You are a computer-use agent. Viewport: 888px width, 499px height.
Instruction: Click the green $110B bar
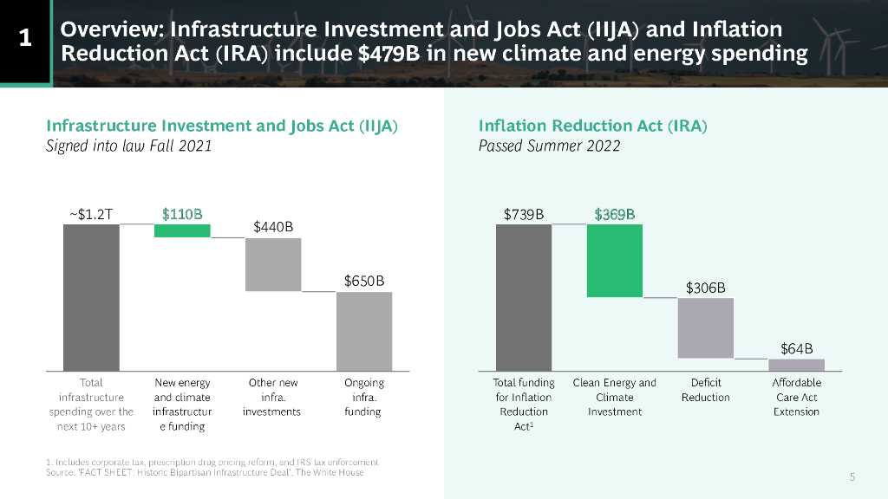[182, 230]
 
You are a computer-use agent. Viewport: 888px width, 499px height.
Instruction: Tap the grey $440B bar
[273, 264]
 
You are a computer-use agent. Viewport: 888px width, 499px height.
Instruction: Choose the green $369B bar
[615, 260]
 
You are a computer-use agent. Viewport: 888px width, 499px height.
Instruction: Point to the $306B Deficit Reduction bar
[705, 327]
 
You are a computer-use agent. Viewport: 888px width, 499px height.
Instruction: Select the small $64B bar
[796, 364]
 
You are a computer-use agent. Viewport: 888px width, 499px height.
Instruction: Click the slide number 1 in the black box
[25, 38]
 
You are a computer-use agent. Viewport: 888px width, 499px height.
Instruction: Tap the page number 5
[852, 476]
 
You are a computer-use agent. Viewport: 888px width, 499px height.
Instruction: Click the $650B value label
[364, 282]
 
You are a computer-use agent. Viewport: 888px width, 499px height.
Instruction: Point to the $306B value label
[705, 288]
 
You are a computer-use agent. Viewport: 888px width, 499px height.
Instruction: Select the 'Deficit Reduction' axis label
[705, 390]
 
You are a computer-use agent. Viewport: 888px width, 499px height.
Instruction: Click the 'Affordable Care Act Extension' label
[796, 397]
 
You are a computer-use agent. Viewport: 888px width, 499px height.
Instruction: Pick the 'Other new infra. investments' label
[273, 397]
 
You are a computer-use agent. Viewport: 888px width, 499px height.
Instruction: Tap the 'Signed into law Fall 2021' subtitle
[128, 146]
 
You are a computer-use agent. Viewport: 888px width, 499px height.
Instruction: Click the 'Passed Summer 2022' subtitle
[549, 146]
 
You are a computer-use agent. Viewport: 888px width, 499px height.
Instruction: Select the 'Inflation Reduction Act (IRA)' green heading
[593, 126]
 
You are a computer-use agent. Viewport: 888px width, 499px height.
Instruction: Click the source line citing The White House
[205, 472]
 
